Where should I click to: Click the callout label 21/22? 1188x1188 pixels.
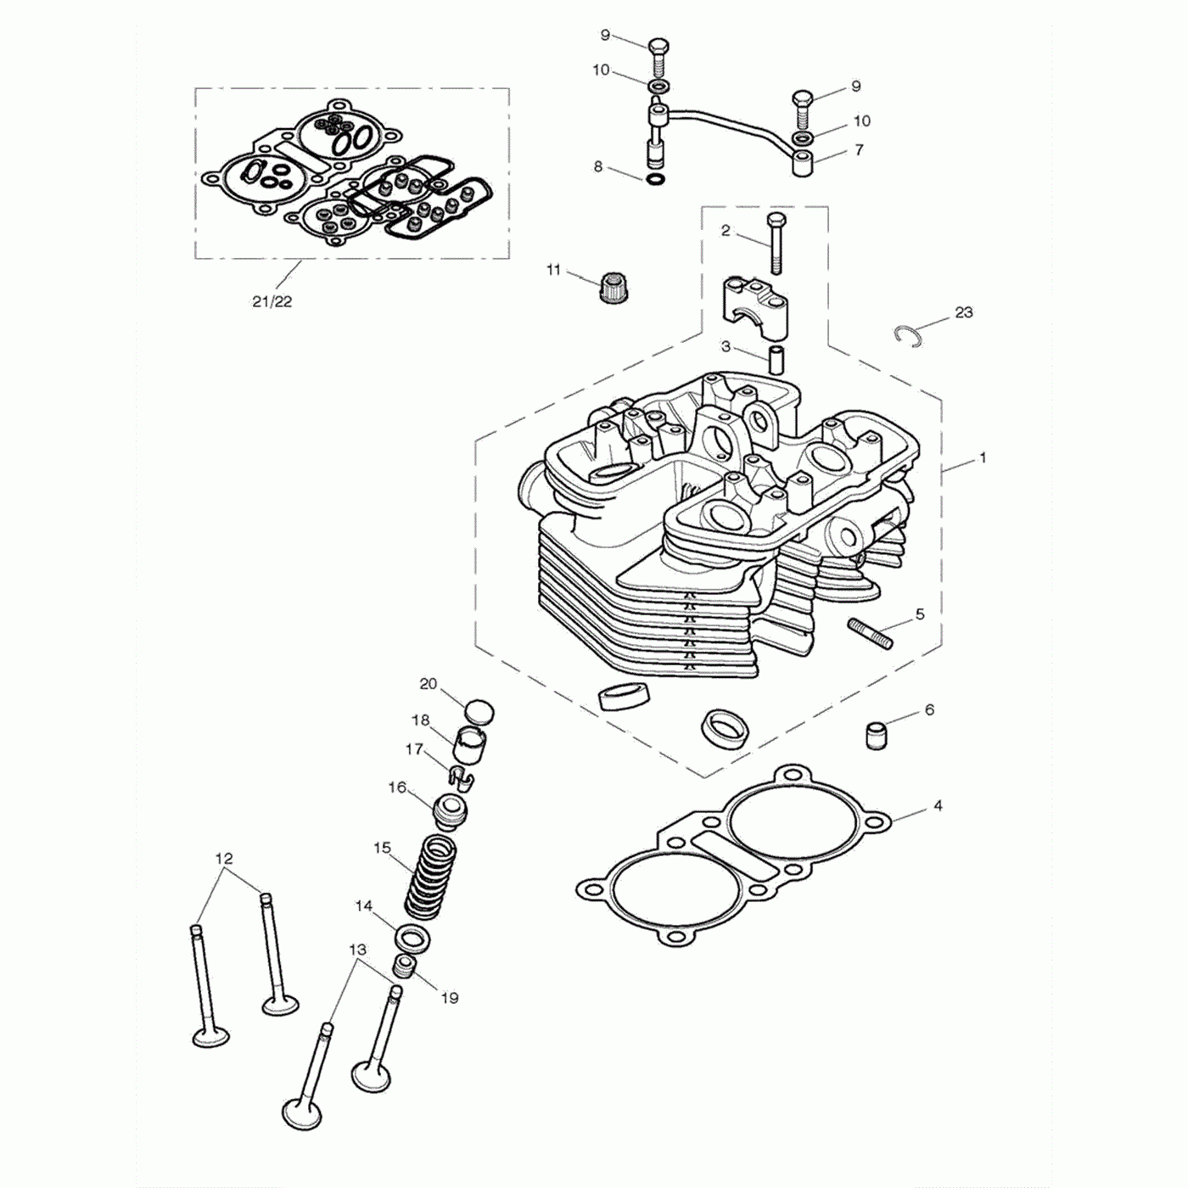pos(272,301)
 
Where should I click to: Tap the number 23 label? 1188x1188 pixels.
pos(963,312)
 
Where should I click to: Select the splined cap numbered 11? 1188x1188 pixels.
pos(613,289)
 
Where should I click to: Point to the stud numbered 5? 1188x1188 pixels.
pos(869,634)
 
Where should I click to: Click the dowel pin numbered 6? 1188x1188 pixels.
pos(876,734)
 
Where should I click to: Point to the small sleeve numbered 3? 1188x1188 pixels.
pos(776,358)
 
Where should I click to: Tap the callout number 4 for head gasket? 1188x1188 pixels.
pos(937,805)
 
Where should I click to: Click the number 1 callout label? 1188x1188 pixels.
pos(983,458)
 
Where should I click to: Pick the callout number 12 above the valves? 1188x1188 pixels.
pos(223,858)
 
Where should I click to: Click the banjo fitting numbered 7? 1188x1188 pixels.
pos(804,162)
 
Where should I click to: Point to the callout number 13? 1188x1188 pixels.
pos(357,950)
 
